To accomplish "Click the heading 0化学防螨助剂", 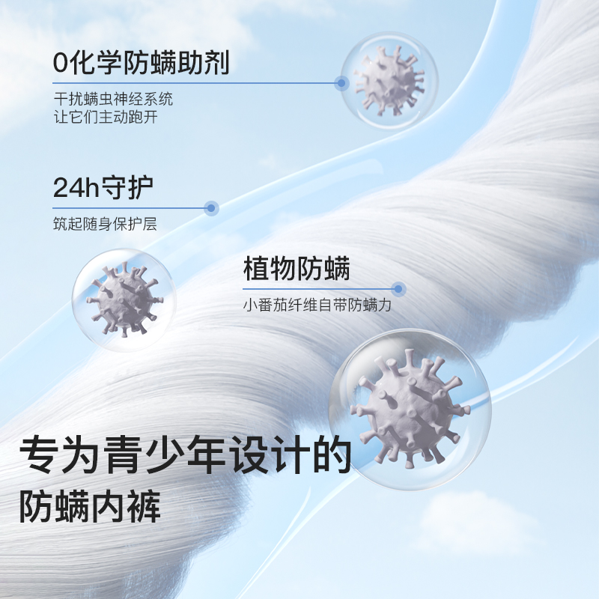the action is point(141,62).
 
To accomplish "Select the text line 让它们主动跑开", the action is point(106,117).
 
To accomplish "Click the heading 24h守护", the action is point(103,187).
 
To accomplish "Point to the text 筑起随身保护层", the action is point(105,225).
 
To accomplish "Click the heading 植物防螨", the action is point(297,269).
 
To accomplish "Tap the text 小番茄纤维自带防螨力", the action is point(317,305).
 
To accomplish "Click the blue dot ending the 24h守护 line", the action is point(212,207).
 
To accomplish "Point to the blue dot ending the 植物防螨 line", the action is point(399,288).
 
